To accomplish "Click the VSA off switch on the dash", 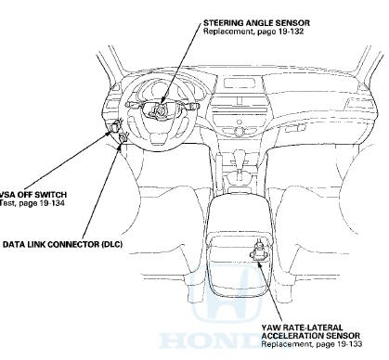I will (116, 125).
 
